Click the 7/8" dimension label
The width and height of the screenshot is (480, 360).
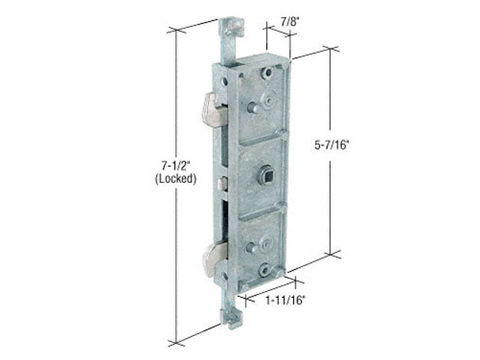(288, 22)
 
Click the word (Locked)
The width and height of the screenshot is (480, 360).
(178, 179)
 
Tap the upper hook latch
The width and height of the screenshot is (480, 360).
(211, 111)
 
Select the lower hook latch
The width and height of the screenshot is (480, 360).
(213, 259)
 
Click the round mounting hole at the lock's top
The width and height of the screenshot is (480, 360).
(265, 75)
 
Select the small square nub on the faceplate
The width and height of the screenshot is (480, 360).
(219, 182)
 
